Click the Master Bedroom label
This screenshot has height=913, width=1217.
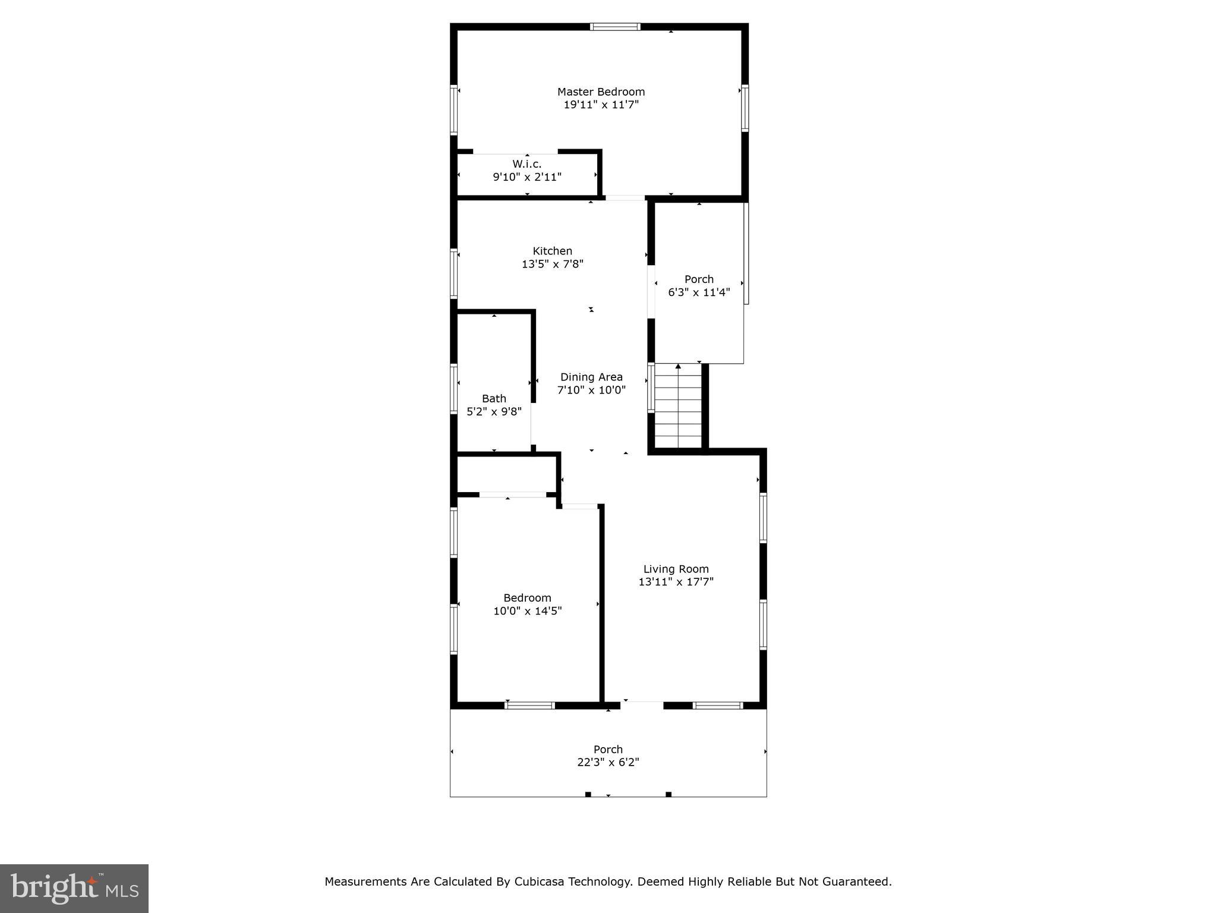(601, 92)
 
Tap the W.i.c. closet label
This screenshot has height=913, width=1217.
(527, 163)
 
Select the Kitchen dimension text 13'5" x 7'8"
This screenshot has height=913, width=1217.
(553, 264)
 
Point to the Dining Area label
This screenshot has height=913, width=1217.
(591, 377)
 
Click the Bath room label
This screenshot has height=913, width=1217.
(494, 398)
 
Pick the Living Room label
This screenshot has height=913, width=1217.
(676, 569)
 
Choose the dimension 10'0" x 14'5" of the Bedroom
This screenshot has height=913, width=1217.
(527, 611)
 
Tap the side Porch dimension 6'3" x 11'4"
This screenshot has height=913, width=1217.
(699, 292)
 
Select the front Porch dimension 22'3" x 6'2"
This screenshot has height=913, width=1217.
(608, 763)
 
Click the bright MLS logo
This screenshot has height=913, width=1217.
(74, 889)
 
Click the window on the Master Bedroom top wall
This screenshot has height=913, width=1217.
(615, 27)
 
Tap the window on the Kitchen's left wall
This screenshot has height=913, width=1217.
(453, 273)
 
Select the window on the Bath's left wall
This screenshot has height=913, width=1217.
(453, 389)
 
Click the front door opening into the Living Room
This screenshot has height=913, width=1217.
(642, 706)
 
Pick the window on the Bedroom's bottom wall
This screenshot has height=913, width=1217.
(529, 706)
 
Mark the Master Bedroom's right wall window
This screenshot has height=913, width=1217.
(745, 108)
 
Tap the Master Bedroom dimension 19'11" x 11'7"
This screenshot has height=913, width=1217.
(601, 105)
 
